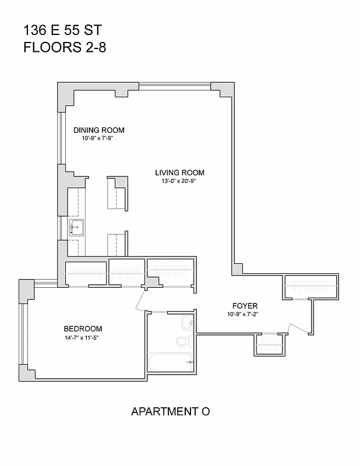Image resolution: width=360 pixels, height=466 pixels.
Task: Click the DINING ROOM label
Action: [x=98, y=130]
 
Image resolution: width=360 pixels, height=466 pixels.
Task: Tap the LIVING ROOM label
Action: [x=179, y=172]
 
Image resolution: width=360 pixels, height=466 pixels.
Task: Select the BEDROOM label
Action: [x=83, y=329]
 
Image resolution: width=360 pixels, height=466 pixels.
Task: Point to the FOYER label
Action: [x=245, y=306]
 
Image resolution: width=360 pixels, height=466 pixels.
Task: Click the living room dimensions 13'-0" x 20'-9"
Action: [x=179, y=181]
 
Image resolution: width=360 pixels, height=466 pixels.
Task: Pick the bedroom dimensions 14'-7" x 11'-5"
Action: [x=83, y=338]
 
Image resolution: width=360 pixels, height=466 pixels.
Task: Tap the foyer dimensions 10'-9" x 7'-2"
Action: [x=245, y=315]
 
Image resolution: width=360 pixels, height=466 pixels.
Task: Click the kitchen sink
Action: [x=76, y=227]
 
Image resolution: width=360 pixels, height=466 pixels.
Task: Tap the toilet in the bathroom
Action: [x=182, y=341]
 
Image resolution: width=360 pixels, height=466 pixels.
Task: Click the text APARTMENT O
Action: [x=170, y=411]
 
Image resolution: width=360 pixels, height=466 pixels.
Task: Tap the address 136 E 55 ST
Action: [x=58, y=30]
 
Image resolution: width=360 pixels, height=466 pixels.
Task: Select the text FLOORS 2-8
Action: [x=65, y=47]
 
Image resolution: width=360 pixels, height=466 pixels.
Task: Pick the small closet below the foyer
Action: [x=268, y=343]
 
